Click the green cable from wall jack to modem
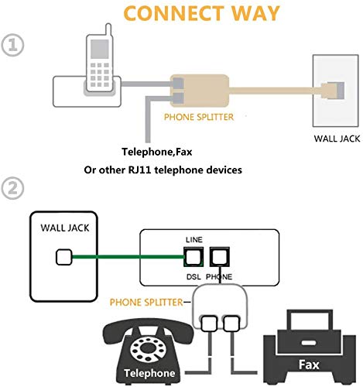(124, 255)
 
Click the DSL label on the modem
(193, 275)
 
